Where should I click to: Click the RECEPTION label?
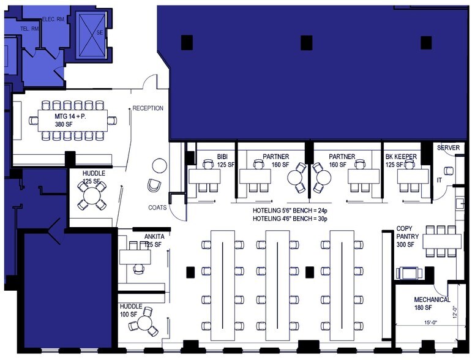pos(148,108)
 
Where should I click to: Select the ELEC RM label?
pos(52,18)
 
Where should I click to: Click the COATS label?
pos(157,208)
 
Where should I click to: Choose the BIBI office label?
pos(222,157)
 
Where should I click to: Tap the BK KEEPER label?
pos(401,157)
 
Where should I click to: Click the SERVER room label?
pos(448,148)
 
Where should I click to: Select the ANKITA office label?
pos(153,236)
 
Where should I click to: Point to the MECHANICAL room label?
pos(432,300)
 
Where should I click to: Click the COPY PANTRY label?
pos(408,236)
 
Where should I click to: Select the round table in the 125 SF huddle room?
pos(92,195)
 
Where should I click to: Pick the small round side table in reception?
pos(159,165)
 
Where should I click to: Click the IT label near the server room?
pos(438,181)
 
